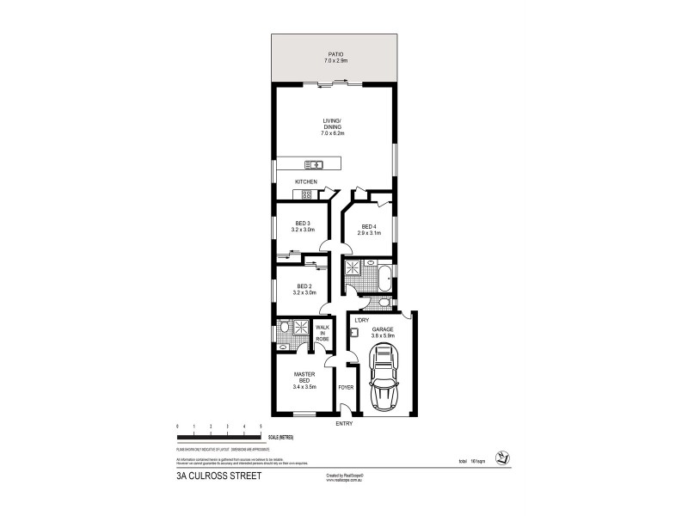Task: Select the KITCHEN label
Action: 306,182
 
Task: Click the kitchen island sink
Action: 316,164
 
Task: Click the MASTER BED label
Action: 304,377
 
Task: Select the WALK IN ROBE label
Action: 322,334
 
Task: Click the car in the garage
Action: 384,381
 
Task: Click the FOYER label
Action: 346,388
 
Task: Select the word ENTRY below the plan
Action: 344,423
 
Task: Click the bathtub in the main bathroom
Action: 384,278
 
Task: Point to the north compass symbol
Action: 499,456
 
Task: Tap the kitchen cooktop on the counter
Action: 306,194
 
